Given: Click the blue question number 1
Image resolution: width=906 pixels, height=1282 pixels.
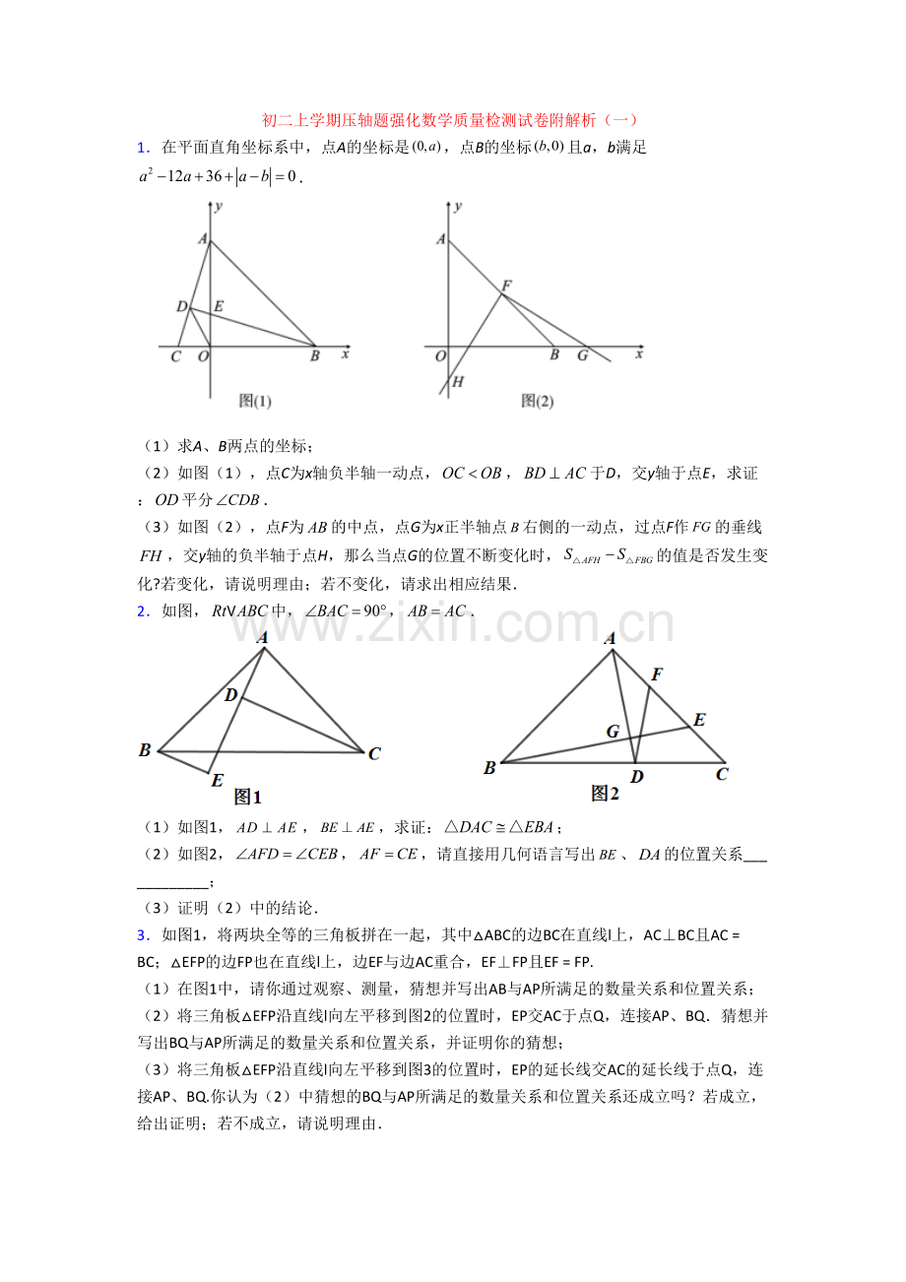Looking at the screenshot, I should coord(143,148).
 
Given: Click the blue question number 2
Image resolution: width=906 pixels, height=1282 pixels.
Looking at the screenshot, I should coord(143,611).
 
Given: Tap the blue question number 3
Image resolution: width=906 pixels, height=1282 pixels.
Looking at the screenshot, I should coord(143,934).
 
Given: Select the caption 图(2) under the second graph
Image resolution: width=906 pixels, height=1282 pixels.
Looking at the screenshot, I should coord(538,401).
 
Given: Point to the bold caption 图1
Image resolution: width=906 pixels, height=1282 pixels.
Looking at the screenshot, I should coord(247,798).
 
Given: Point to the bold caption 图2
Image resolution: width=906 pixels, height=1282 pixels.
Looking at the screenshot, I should coord(605,793).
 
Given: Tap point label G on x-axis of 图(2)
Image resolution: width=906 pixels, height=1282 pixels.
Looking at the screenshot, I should coord(582,355).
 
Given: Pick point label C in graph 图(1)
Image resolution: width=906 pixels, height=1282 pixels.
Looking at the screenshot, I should coord(175,356).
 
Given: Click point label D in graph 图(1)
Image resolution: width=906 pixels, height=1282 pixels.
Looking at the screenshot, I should coord(182,307).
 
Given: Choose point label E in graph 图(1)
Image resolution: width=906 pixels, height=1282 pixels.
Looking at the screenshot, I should coord(218,306).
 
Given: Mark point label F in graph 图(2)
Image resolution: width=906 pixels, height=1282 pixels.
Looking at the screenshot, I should coord(506,286).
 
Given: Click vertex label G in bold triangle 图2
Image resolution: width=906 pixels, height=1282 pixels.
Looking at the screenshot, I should coord(613,732).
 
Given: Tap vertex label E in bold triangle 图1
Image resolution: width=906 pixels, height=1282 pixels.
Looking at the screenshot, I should coord(217,780).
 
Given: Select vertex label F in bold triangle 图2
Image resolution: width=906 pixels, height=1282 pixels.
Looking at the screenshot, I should coord(656,674).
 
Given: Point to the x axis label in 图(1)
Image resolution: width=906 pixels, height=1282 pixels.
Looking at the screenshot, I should coord(345,353).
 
